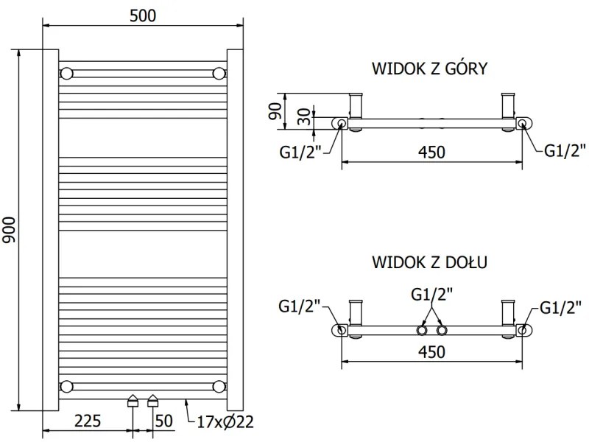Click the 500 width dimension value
click(143, 15)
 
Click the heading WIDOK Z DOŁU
click(431, 262)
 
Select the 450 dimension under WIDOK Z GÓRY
click(431, 152)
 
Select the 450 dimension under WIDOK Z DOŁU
click(431, 352)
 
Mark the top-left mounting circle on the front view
click(66, 74)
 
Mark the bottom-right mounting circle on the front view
click(219, 386)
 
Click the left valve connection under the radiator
click(133, 401)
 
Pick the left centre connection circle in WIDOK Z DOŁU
click(423, 329)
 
